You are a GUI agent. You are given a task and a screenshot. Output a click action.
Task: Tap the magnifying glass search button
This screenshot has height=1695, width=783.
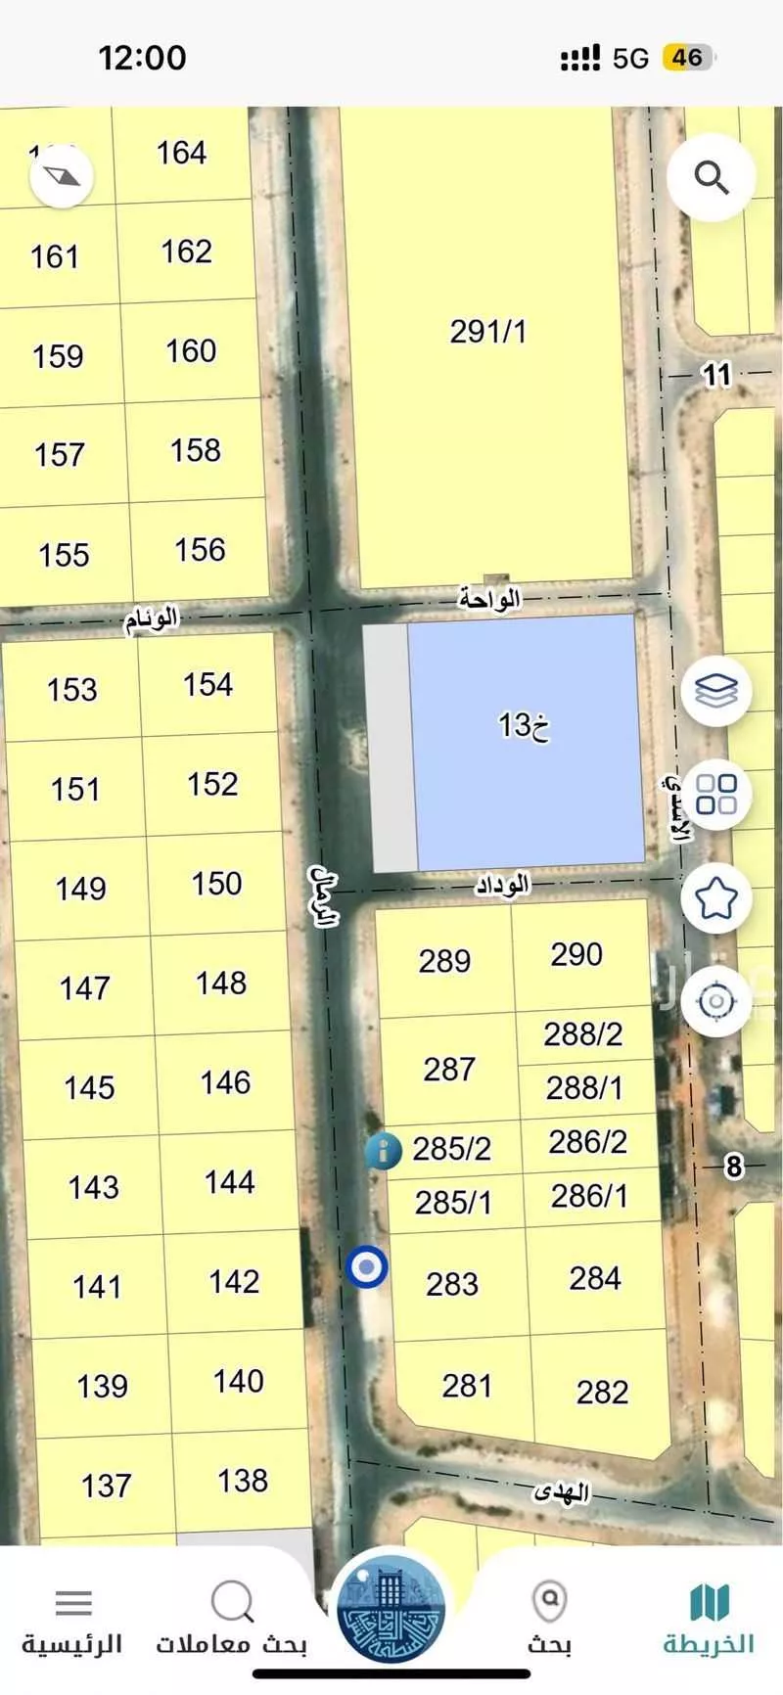coord(712,178)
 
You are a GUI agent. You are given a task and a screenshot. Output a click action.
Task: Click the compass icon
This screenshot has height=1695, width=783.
coord(62,177)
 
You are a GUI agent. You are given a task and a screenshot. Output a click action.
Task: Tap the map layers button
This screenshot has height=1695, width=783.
coord(716,692)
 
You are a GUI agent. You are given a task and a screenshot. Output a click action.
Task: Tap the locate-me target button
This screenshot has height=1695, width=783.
coord(716,1001)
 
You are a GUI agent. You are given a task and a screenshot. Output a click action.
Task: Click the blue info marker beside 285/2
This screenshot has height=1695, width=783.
coord(383,1150)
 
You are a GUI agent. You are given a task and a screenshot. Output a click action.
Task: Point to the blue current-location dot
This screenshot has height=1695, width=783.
coord(367,1267)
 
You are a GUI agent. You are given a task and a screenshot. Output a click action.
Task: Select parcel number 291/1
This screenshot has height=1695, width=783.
coord(487,332)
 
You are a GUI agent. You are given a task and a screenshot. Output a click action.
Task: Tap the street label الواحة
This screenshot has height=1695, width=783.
coord(489,597)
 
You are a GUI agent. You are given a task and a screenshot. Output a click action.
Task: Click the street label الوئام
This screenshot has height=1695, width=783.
coord(152,619)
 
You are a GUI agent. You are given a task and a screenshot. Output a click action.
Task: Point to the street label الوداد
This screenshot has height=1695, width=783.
coord(502,885)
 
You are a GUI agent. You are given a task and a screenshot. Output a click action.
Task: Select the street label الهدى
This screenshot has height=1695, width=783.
coord(561,1492)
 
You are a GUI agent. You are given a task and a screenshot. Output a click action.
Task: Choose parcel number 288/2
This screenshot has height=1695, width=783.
coord(583,1034)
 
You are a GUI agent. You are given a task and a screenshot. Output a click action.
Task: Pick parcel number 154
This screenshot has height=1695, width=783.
coord(207,684)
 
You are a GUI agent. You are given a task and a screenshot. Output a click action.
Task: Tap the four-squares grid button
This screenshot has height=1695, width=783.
coord(716,794)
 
